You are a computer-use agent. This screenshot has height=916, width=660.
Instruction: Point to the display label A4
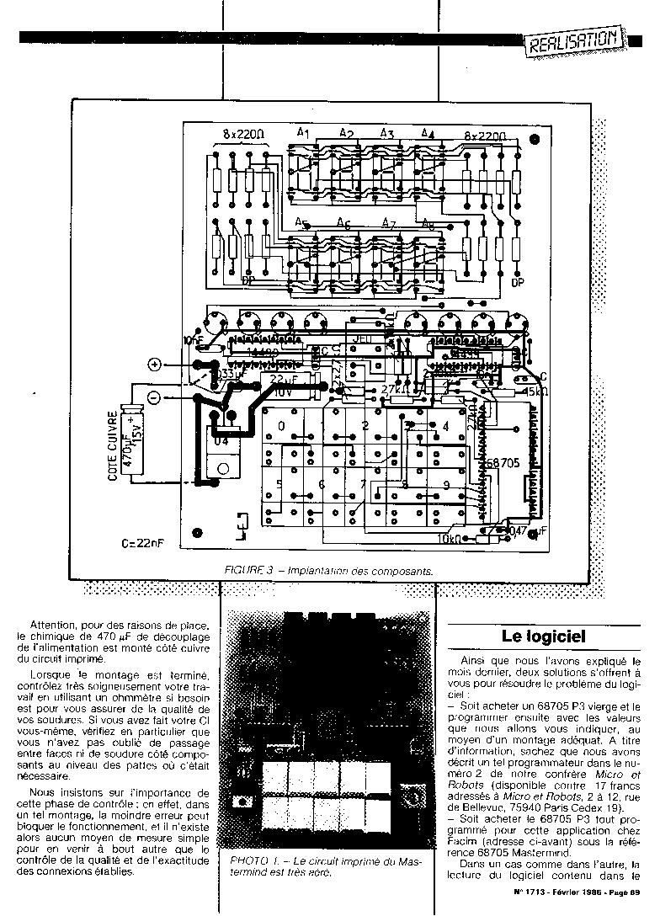pos(427,134)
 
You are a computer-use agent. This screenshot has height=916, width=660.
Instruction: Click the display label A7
pos(387,223)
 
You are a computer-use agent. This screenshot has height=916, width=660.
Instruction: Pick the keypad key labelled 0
pos(280,426)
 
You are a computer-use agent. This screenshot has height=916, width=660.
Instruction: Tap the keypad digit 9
pos(445,485)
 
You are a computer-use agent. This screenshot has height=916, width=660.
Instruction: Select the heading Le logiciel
pos(543,636)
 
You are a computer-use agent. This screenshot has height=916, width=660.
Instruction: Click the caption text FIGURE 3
pos(250,570)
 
